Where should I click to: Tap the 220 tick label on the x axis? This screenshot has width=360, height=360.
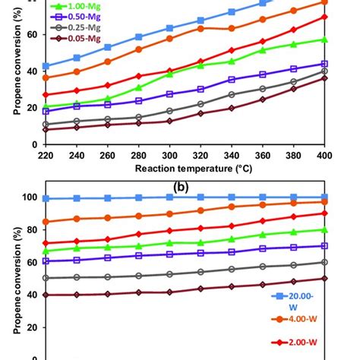(46, 153)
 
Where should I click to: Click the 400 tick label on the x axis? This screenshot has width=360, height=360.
(324, 153)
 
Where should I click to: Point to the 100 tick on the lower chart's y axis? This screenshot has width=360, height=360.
(30, 197)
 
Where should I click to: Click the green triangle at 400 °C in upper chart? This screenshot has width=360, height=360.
(324, 39)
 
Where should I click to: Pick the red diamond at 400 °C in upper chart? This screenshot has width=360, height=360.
(324, 17)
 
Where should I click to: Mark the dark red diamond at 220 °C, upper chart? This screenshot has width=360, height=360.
(46, 129)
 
